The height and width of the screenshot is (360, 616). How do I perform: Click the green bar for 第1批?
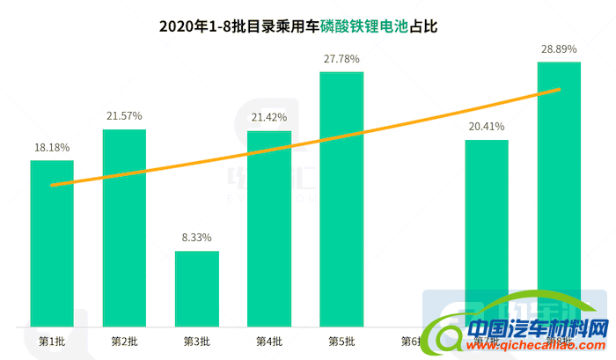tap(52, 242)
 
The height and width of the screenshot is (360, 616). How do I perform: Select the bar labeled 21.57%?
tap(124, 227)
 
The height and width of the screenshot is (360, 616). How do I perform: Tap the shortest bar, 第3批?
tap(196, 288)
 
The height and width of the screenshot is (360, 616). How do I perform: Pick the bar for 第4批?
tap(268, 227)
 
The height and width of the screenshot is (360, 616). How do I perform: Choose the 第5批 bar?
tap(341, 198)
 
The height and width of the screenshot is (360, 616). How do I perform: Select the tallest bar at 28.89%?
tap(559, 194)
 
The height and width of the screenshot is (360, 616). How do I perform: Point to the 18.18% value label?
tap(52, 146)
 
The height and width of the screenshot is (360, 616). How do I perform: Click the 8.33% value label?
tap(196, 237)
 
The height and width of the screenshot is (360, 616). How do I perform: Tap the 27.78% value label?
tap(341, 57)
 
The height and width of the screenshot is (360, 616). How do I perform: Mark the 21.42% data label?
tap(268, 116)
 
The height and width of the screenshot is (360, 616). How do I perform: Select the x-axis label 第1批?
tap(51, 341)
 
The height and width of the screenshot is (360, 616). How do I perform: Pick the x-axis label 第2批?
tap(124, 341)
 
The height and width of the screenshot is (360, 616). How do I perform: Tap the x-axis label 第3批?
tap(196, 341)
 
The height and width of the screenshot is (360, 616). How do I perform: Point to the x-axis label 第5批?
tap(341, 341)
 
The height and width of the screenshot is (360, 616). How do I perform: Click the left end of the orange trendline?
tap(53, 185)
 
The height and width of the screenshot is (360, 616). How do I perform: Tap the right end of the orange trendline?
tap(559, 89)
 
